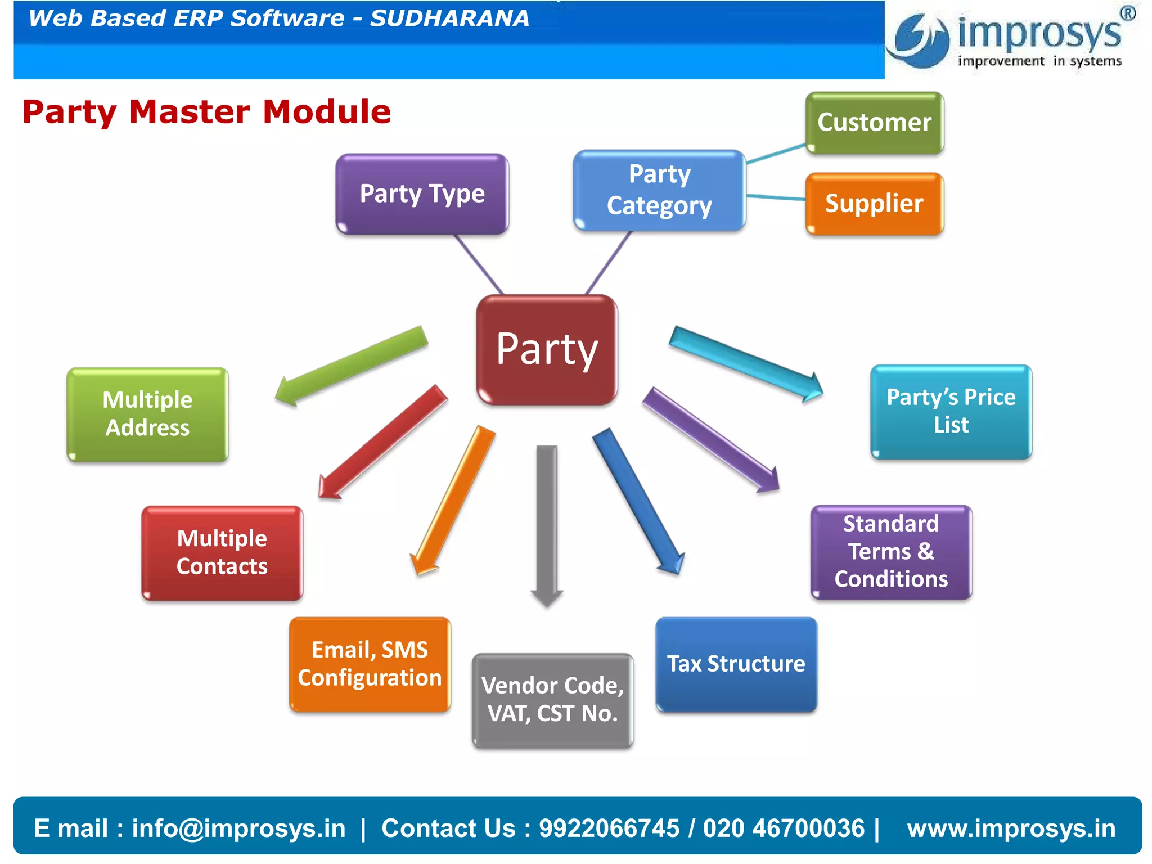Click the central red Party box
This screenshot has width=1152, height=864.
(x=547, y=349)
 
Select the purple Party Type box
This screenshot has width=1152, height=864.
(x=422, y=194)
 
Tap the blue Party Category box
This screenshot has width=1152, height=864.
(x=659, y=190)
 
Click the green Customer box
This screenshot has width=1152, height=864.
(x=874, y=123)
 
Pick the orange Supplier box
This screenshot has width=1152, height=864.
(x=874, y=204)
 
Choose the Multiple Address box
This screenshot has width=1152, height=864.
(x=147, y=415)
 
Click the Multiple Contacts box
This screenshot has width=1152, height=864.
(x=222, y=553)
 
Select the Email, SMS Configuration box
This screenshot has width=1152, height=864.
(x=370, y=664)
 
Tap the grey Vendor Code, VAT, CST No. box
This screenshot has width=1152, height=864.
(x=552, y=700)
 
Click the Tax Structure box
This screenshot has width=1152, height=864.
(x=736, y=664)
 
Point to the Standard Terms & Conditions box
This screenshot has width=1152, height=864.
(x=891, y=552)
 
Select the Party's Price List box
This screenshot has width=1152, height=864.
(x=951, y=412)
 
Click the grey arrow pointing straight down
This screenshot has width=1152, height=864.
(x=547, y=523)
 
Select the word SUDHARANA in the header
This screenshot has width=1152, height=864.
(x=449, y=19)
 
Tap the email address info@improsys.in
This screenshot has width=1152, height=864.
(x=238, y=829)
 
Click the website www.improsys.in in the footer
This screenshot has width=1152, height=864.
(x=1011, y=829)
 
